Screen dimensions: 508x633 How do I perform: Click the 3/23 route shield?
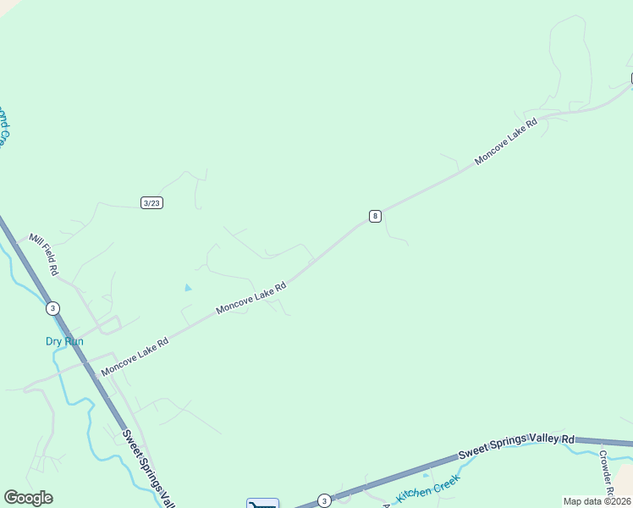point(152,202)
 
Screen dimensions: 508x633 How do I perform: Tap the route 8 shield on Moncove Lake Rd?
point(375,216)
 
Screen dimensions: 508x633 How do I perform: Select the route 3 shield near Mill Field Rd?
point(53,308)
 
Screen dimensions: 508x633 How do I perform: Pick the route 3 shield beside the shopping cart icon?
point(323,501)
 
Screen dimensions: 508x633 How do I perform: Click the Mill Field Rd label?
point(43,255)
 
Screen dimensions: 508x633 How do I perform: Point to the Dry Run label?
point(64,341)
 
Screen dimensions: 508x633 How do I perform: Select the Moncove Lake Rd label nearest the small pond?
point(250,298)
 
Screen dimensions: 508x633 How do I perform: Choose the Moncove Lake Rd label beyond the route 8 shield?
point(506,141)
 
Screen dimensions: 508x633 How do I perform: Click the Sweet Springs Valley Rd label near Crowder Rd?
point(516,446)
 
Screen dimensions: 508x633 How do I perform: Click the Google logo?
point(28,498)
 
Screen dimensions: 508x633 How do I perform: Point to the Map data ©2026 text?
point(597,501)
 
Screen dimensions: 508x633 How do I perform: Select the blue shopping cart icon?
point(262,504)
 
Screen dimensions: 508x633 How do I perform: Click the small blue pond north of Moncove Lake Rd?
point(188,288)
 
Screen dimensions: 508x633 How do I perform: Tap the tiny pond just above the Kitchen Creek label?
point(426,475)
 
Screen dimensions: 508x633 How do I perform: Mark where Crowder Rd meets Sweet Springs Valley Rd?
point(597,443)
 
